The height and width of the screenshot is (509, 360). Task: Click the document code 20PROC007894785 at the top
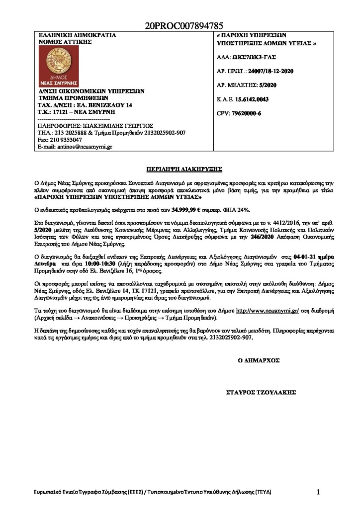[184, 25]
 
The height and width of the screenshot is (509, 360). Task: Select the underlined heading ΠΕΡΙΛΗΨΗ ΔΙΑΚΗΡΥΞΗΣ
[180, 169]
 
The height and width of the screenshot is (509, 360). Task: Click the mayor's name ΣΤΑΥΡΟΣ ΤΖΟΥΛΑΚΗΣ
[261, 392]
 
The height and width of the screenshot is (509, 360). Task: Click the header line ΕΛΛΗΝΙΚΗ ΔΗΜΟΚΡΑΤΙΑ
[77, 36]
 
